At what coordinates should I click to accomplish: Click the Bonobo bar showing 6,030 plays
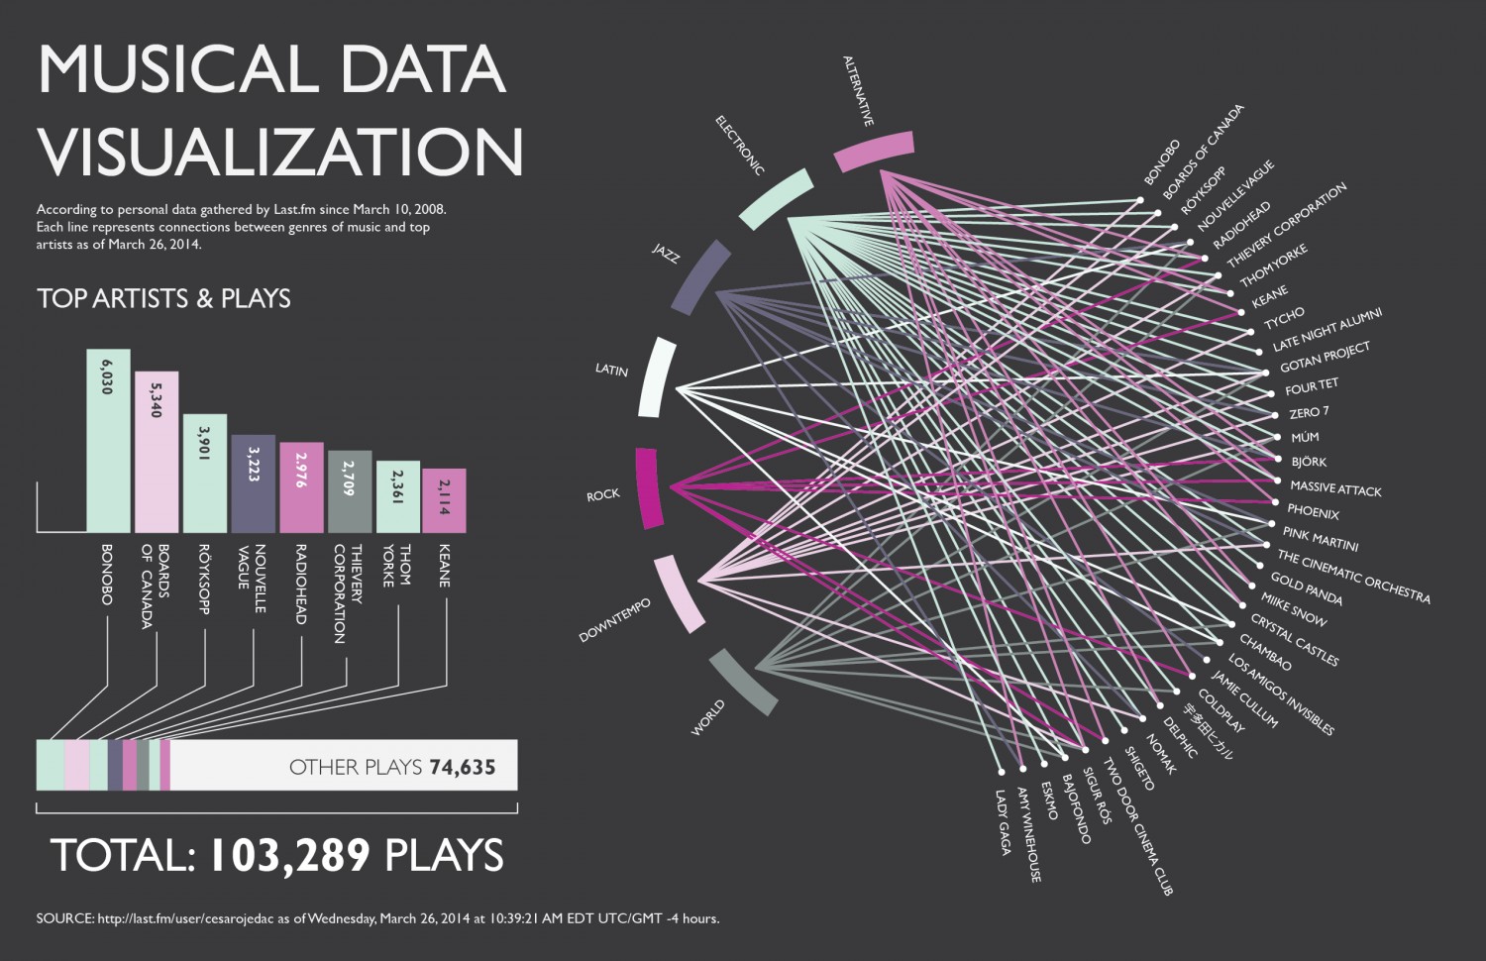(x=108, y=441)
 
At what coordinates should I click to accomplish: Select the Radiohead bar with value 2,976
(x=301, y=487)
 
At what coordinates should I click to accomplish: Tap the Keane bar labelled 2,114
(x=444, y=500)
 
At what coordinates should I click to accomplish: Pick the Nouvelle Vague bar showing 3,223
(x=253, y=483)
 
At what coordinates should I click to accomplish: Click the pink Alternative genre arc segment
(x=874, y=152)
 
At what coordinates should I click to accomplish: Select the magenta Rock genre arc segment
(x=647, y=487)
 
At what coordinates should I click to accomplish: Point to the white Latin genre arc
(x=658, y=377)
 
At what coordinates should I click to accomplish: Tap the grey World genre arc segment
(x=744, y=682)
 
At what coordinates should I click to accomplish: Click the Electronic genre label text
(x=740, y=146)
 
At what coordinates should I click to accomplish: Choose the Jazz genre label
(x=666, y=254)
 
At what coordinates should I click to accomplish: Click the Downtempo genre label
(x=615, y=621)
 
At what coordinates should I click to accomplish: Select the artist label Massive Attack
(x=1335, y=488)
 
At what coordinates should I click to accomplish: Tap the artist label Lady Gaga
(x=1004, y=822)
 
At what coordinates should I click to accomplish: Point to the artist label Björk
(x=1309, y=462)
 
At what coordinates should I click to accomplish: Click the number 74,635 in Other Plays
(x=463, y=767)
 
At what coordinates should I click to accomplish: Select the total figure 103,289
(x=288, y=856)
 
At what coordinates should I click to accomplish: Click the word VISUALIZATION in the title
(x=280, y=152)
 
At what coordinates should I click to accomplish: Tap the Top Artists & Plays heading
(x=163, y=298)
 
